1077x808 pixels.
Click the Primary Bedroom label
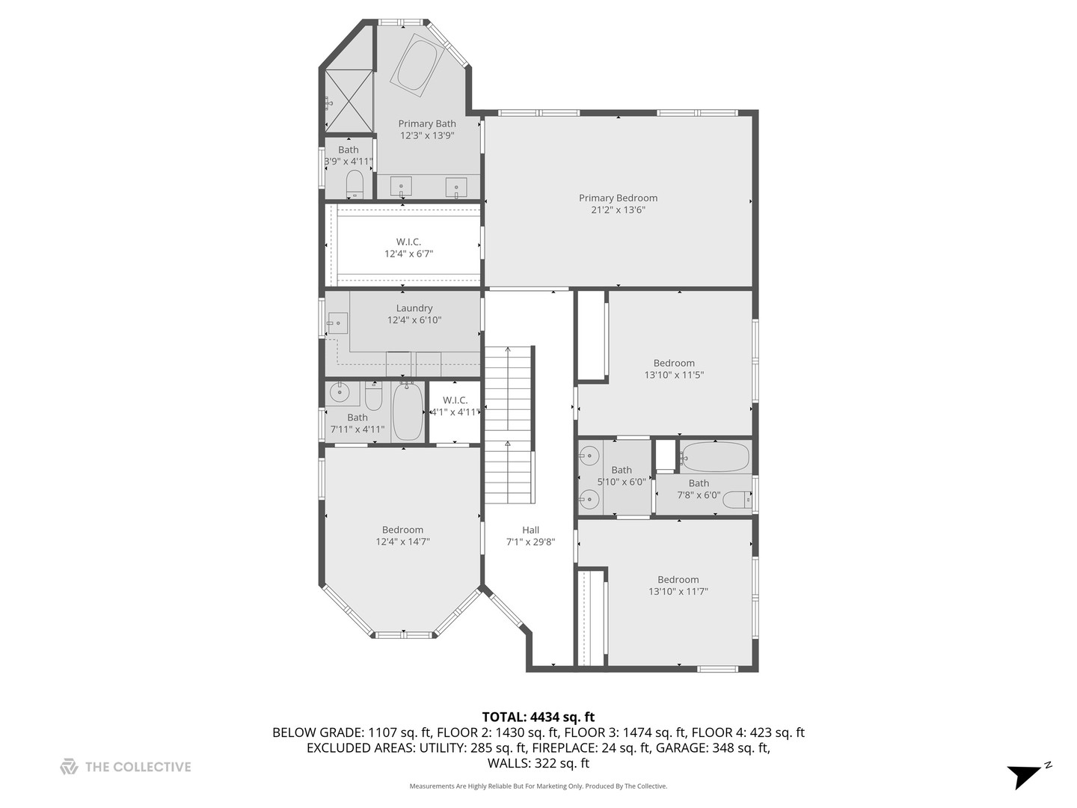coord(618,198)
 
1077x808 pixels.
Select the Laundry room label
coord(414,308)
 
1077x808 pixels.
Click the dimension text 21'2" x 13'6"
coord(618,210)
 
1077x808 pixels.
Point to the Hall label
coord(531,530)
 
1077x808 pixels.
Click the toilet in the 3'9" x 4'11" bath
coord(355,183)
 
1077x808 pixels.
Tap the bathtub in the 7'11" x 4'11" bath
coord(408,412)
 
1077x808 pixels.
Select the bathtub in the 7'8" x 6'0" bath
coord(715,456)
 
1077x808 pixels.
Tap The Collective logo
coord(69,767)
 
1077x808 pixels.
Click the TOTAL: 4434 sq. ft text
coord(538,717)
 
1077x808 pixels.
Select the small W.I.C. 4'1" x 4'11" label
coord(455,400)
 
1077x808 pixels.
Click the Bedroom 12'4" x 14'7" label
coord(402,530)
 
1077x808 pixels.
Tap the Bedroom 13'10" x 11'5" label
coord(674,364)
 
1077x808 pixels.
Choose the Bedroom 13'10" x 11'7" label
coord(678,580)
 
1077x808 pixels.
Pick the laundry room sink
coord(338,323)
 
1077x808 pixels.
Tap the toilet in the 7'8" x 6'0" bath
coord(737,501)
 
